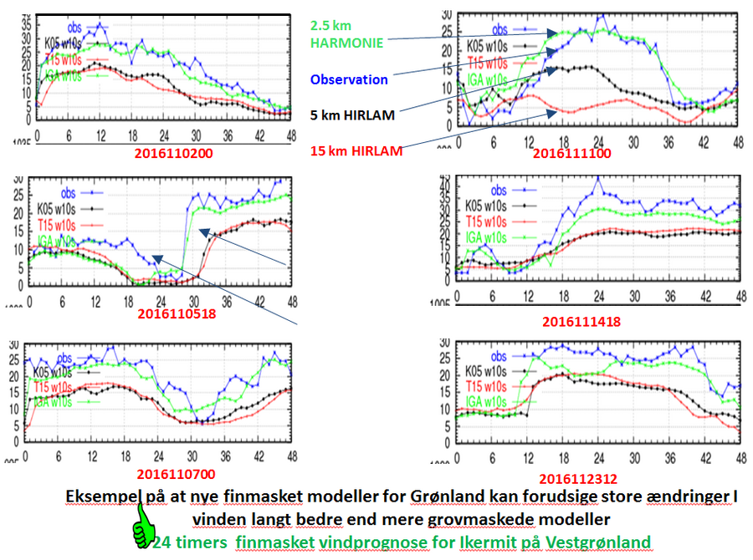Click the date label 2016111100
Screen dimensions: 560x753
coord(571,153)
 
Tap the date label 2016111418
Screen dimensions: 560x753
coord(581,321)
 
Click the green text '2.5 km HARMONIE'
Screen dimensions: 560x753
coord(346,33)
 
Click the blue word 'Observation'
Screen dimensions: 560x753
coord(349,80)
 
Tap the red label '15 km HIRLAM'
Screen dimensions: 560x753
coord(355,151)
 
